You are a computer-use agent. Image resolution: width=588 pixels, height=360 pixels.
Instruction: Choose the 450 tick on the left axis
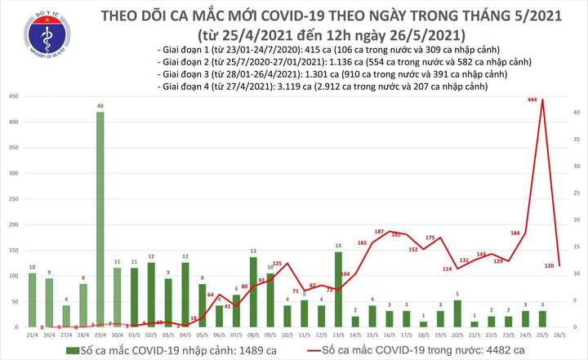click(x=14, y=97)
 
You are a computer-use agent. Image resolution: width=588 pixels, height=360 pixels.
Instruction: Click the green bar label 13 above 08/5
click(x=254, y=251)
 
